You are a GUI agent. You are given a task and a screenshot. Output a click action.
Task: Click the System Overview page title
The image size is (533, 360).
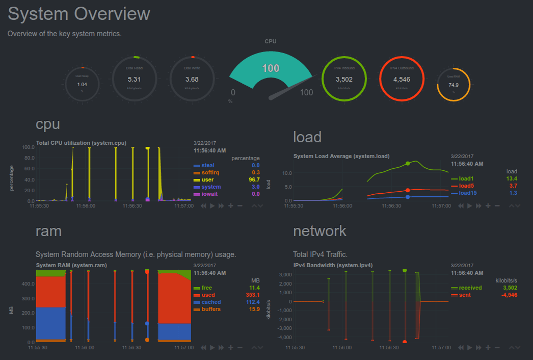click(79, 14)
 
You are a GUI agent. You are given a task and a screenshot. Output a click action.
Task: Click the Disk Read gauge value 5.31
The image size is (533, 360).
click(134, 79)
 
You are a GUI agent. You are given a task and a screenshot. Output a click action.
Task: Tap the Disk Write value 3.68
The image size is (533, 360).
click(192, 79)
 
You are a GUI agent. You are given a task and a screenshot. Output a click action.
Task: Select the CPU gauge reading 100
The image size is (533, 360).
click(271, 68)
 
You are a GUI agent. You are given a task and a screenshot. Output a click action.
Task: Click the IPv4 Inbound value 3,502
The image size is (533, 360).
click(344, 79)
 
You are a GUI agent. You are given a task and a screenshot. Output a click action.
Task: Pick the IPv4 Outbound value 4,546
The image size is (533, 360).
click(402, 79)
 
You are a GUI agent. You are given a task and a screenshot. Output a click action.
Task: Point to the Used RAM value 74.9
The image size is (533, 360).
click(454, 85)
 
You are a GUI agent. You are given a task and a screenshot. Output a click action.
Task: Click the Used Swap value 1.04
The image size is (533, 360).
click(82, 84)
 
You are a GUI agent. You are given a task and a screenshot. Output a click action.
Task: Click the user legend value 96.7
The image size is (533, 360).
click(254, 179)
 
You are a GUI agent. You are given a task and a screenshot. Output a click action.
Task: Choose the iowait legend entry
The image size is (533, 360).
click(208, 194)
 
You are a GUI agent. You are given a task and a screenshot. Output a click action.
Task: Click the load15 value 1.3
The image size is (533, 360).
click(513, 193)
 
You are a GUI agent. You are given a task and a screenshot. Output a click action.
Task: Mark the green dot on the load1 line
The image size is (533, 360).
click(408, 164)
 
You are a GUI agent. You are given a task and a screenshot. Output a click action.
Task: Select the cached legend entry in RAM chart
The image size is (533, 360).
click(210, 302)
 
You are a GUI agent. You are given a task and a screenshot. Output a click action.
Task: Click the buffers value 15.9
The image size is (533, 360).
click(254, 309)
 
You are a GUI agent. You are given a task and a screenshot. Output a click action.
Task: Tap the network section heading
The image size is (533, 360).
click(319, 231)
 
